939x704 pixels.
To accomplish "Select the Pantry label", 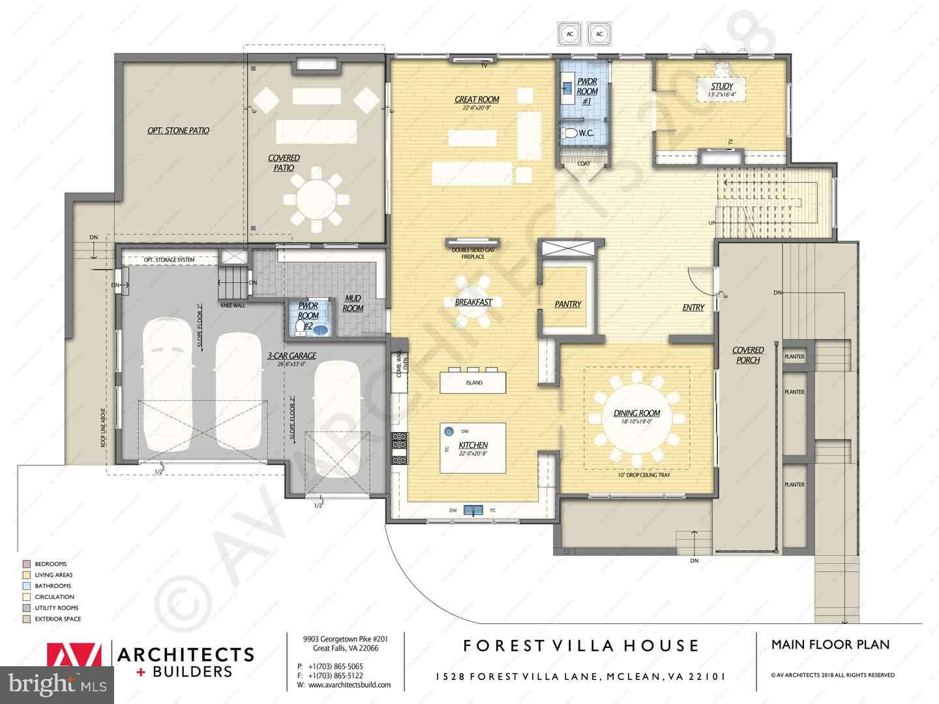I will click(567, 304).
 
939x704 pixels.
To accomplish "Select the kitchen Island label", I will click(474, 383).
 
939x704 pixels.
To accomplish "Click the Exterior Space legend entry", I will click(57, 619).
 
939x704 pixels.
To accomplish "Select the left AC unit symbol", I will click(569, 33).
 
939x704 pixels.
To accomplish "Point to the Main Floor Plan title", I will click(830, 645).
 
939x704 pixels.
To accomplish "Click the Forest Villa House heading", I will click(581, 646).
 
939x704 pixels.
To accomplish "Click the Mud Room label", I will click(353, 304).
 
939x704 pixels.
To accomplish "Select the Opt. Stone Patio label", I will click(178, 131).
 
